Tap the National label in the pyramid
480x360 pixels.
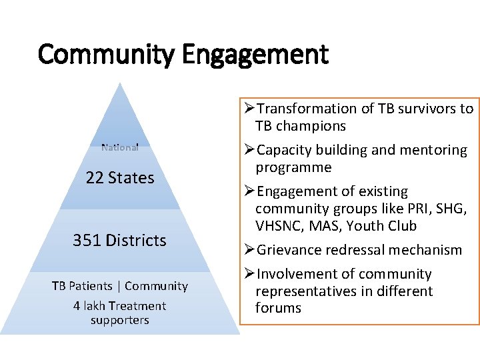click(120, 147)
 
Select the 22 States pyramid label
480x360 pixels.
click(120, 178)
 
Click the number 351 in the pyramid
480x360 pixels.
click(86, 241)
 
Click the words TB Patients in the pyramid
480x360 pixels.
click(82, 286)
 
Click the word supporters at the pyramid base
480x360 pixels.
click(120, 320)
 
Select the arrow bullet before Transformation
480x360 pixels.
click(249, 109)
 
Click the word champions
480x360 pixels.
click(314, 126)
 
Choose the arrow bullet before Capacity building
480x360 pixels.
click(249, 150)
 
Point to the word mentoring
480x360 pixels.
click(432, 150)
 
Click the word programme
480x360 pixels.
click(293, 167)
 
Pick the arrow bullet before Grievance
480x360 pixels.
click(249, 250)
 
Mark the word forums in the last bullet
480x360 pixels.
click(278, 308)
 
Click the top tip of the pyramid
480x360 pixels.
click(119, 83)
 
